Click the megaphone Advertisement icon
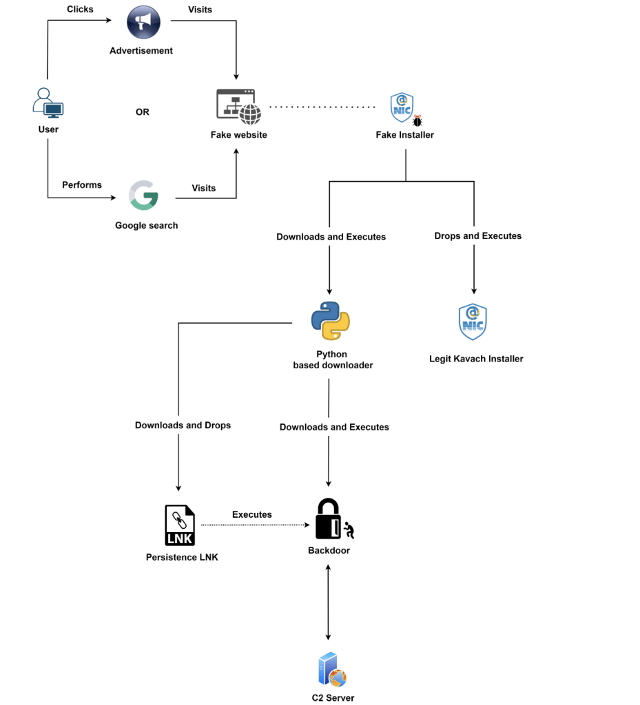click(143, 23)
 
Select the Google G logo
click(144, 196)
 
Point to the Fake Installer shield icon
click(402, 107)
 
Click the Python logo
click(331, 321)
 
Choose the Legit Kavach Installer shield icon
click(473, 322)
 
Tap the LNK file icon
click(180, 525)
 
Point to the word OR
click(143, 112)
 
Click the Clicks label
click(80, 9)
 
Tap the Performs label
click(82, 185)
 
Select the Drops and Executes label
click(477, 235)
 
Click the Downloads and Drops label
click(183, 425)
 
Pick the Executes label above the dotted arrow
click(251, 514)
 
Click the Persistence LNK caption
click(182, 557)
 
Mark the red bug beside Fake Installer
click(417, 121)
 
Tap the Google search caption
click(146, 225)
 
